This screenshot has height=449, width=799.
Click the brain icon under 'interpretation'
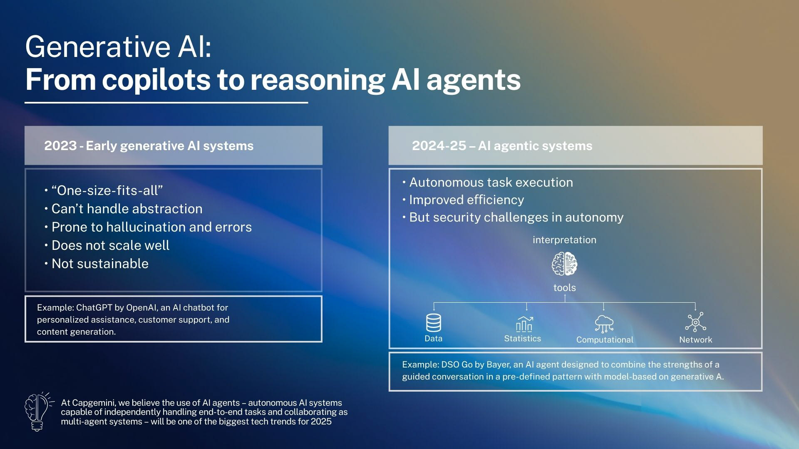pyautogui.click(x=564, y=264)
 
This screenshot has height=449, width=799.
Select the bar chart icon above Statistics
pyautogui.click(x=524, y=324)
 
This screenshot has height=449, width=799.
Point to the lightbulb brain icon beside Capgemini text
pyautogui.click(x=38, y=412)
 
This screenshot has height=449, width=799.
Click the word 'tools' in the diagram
pyautogui.click(x=564, y=288)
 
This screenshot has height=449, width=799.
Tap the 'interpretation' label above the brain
pyautogui.click(x=564, y=240)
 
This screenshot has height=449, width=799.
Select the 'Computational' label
pyautogui.click(x=605, y=340)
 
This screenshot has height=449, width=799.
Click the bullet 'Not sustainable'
pyautogui.click(x=100, y=264)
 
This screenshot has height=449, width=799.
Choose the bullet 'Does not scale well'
pyautogui.click(x=110, y=245)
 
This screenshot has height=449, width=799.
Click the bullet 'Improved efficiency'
pyautogui.click(x=466, y=200)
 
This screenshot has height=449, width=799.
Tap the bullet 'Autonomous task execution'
pyautogui.click(x=491, y=183)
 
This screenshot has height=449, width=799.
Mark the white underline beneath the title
pyautogui.click(x=166, y=102)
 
